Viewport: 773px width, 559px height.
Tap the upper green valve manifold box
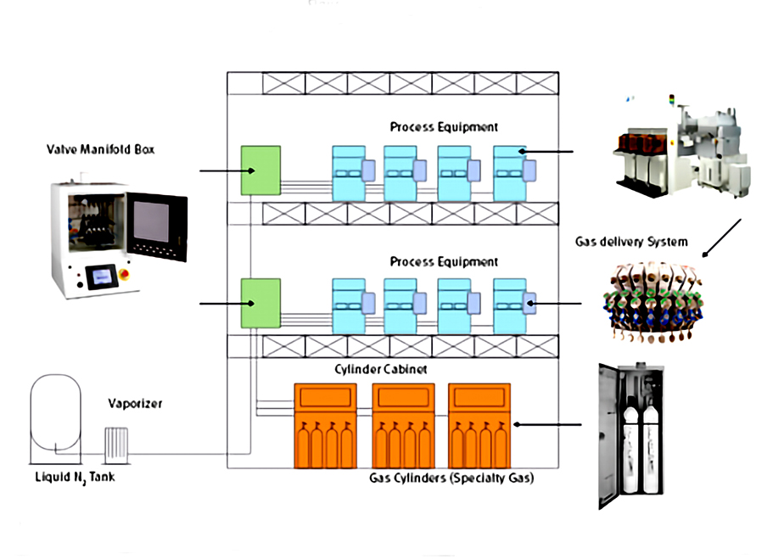[x=260, y=170]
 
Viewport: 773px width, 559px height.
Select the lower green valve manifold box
[x=260, y=303]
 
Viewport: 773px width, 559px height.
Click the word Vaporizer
[x=135, y=404]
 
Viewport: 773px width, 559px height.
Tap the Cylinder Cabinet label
[x=367, y=371]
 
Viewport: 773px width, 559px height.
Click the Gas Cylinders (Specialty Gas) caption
[x=451, y=478]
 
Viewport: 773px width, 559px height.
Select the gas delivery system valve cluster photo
[x=651, y=302]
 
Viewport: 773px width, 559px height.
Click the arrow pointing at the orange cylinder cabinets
[x=552, y=426]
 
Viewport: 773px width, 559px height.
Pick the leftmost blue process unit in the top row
[x=350, y=172]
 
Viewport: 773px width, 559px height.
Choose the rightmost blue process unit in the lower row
[x=513, y=304]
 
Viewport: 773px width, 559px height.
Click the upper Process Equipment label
[x=444, y=127]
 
